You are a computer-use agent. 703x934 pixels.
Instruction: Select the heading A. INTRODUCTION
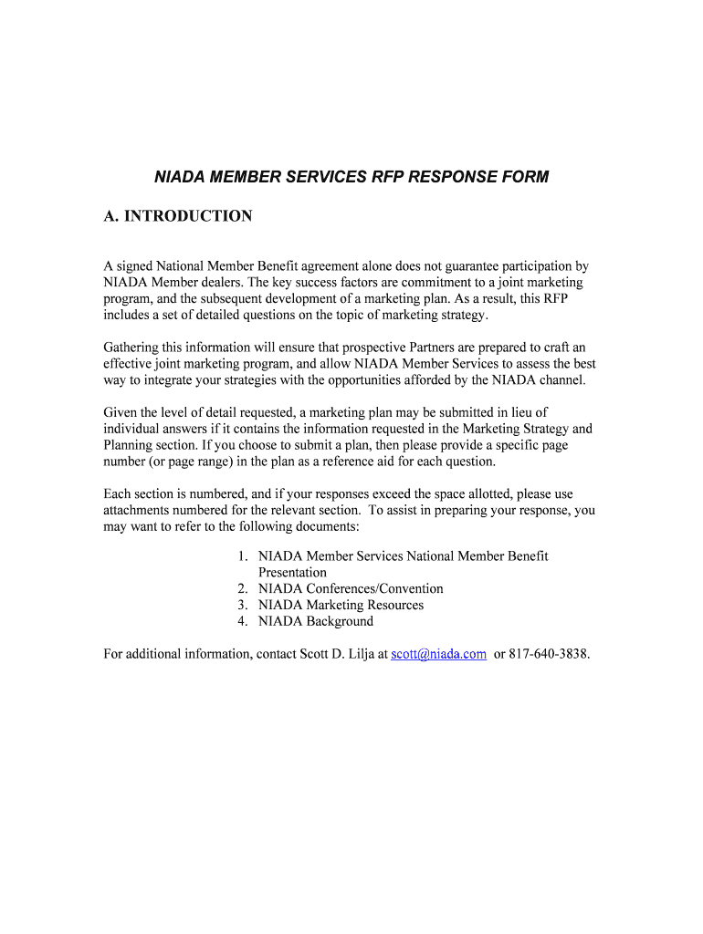pos(178,216)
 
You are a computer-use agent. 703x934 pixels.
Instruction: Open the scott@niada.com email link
pos(438,654)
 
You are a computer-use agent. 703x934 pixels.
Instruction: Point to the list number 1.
pos(242,556)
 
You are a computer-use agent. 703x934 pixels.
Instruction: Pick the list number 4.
pos(242,622)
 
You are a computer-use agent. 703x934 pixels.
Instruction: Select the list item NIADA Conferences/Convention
pos(351,589)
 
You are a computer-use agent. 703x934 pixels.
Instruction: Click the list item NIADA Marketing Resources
pos(341,606)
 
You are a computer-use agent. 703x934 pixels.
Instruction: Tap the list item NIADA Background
pos(316,622)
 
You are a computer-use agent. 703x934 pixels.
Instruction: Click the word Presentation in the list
pos(292,573)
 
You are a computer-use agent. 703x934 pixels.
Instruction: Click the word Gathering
pos(132,348)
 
